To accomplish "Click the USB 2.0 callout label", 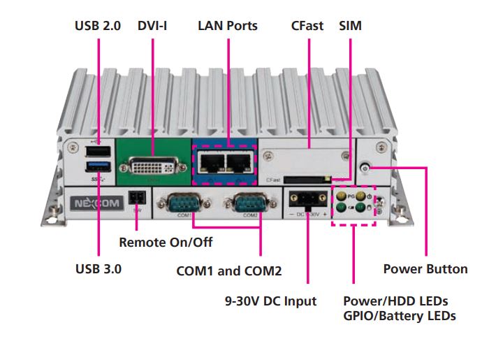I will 98,26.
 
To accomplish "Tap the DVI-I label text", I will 157,26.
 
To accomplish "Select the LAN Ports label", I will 228,26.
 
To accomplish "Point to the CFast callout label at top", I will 307,26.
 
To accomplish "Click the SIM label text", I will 350,26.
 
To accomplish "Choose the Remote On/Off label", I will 166,243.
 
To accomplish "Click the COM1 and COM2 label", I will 229,271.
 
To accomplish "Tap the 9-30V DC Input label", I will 270,301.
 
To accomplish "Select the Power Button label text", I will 425,269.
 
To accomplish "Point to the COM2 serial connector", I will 247,206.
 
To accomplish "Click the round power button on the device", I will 365,168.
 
